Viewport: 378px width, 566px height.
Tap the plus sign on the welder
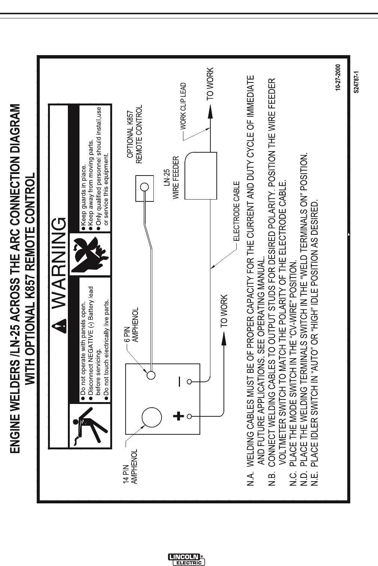click(x=179, y=416)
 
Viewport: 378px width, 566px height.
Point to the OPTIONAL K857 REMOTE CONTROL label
click(x=134, y=135)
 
